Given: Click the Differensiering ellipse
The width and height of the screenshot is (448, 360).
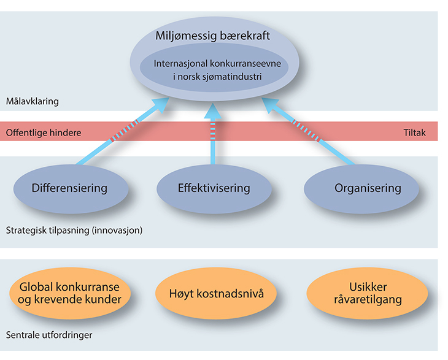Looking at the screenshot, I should pyautogui.click(x=69, y=188).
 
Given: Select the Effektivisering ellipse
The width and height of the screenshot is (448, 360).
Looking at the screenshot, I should pyautogui.click(x=214, y=188).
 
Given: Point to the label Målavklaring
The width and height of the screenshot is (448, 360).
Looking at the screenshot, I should pyautogui.click(x=31, y=101).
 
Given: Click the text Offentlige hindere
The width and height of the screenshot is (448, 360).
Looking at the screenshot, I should pyautogui.click(x=43, y=132).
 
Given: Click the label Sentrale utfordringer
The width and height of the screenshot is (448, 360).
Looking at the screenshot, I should pyautogui.click(x=48, y=335).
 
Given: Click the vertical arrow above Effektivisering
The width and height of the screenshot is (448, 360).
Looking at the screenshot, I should pyautogui.click(x=214, y=132).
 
